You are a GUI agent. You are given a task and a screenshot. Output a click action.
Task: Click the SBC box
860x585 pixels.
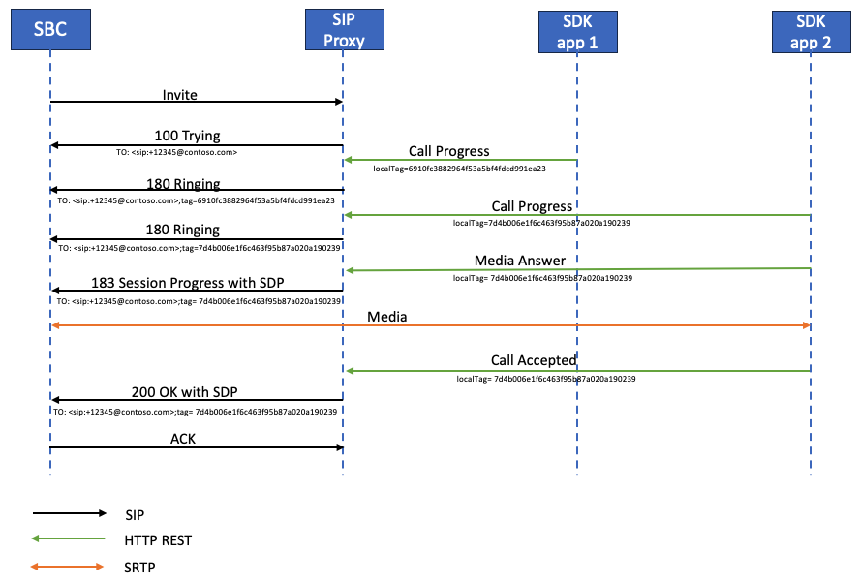(50, 29)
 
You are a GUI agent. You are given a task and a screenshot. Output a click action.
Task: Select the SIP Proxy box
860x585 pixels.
(344, 29)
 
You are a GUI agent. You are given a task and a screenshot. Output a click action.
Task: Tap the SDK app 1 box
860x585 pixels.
(577, 29)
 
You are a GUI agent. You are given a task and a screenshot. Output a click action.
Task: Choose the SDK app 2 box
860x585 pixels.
(811, 29)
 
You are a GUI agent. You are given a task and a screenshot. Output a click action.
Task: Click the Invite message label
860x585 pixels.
(180, 95)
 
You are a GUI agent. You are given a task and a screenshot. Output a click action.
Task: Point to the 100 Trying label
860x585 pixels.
(194, 137)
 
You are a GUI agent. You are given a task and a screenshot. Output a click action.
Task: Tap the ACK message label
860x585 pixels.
(185, 439)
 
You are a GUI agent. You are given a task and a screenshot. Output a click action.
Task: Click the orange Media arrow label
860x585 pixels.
(386, 317)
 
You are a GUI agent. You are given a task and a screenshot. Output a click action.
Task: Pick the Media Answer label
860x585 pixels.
(520, 262)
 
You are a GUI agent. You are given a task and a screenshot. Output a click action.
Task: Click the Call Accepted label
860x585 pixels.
(534, 360)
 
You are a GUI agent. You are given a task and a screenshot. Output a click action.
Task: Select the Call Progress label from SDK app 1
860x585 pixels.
(449, 151)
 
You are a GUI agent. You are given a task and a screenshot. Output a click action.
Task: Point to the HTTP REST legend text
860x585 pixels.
(157, 539)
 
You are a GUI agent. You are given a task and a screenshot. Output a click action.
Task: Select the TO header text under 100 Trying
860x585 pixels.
(175, 152)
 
